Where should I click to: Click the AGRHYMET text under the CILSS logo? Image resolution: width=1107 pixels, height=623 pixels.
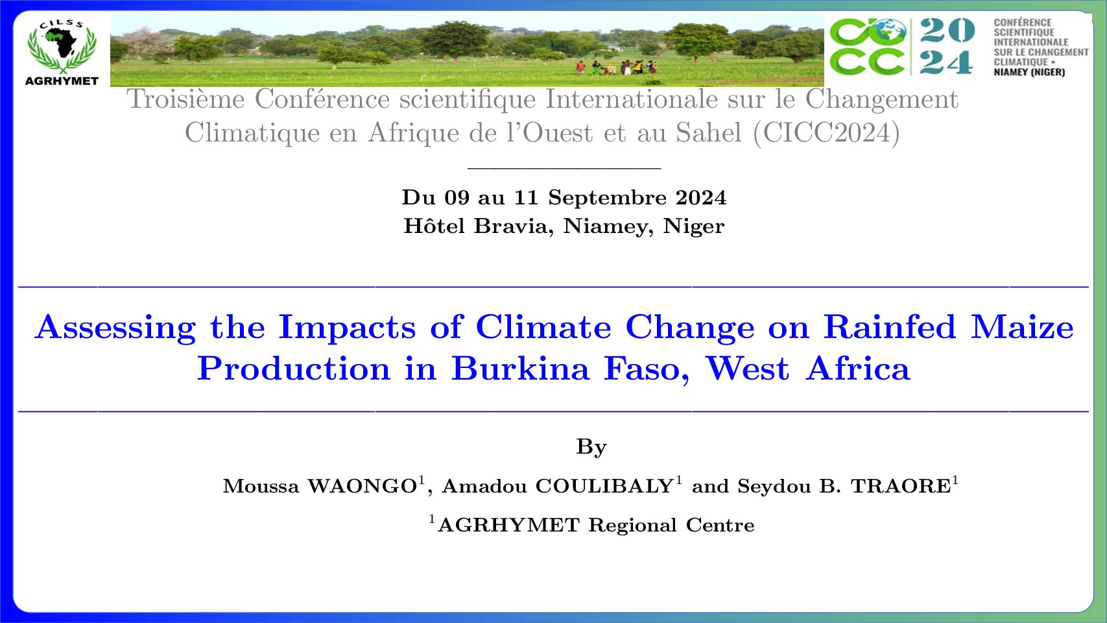[x=62, y=81]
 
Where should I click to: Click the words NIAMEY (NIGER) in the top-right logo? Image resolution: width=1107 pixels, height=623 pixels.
[x=1029, y=72]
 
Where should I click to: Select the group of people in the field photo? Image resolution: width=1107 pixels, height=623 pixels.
[x=616, y=67]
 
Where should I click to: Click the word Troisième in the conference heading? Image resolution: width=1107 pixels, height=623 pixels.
[x=186, y=99]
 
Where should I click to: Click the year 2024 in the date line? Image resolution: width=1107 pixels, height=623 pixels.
[x=701, y=197]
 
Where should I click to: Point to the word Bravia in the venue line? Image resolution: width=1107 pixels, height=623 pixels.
[x=511, y=226]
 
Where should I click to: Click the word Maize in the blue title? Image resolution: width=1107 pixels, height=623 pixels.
[x=1023, y=327]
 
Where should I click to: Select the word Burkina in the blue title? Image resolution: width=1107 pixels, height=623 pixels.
[x=520, y=369]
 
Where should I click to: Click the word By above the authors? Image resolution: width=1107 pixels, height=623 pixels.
[x=591, y=447]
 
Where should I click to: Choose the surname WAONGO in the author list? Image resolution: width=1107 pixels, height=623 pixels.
[x=363, y=487]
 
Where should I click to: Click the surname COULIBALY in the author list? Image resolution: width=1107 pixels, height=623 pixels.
[x=605, y=487]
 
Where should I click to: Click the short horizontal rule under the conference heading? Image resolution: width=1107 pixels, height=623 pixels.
[x=564, y=169]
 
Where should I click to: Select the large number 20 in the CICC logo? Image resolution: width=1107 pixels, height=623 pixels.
[x=947, y=30]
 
